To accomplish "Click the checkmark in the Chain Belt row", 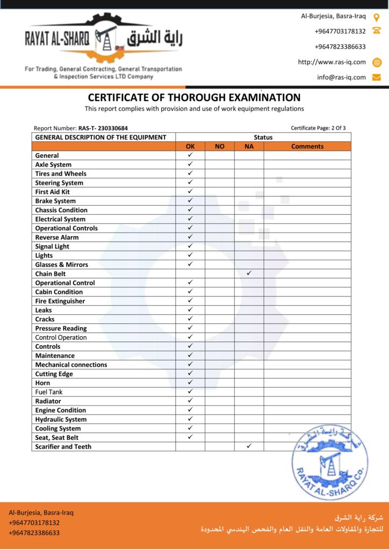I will [x=249, y=273].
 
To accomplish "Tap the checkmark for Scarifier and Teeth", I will [x=249, y=446].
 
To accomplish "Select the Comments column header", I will [x=307, y=146].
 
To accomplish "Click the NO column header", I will [x=220, y=146].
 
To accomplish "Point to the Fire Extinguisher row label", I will [x=60, y=301].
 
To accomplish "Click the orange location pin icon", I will [x=377, y=17].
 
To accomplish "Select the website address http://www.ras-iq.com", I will [x=332, y=62].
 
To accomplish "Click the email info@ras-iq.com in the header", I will [x=341, y=77].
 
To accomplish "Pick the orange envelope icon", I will [x=377, y=77].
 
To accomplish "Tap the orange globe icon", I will [x=377, y=62].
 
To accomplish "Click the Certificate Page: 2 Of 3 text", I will [x=318, y=128].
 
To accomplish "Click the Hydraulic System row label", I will [x=61, y=419].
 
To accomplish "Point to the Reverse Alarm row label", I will [x=57, y=237].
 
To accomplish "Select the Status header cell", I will [x=263, y=137].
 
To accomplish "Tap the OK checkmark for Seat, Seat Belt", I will [x=190, y=437].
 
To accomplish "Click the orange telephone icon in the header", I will [x=377, y=31].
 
